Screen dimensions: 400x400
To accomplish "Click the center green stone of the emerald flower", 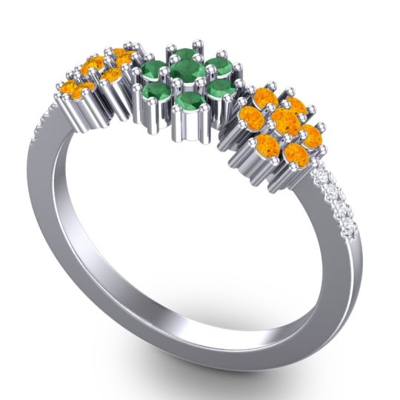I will click(187, 72).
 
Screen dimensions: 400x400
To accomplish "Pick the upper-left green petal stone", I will click(152, 71).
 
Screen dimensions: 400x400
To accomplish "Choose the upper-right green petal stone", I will click(217, 64).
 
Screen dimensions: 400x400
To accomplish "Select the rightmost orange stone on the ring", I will click(311, 136).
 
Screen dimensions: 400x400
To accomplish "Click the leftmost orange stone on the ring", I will click(68, 91).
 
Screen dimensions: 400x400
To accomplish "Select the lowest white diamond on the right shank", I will click(349, 228).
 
